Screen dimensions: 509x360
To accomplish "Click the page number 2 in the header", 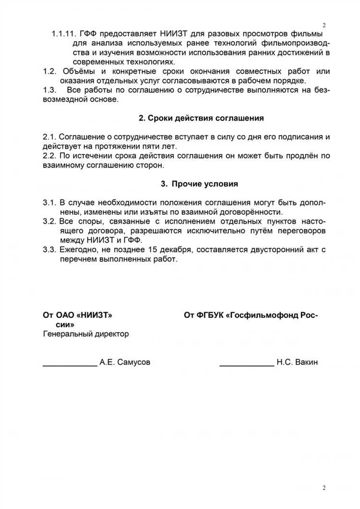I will [x=324, y=25].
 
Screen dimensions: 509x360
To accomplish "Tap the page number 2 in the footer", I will [x=324, y=488].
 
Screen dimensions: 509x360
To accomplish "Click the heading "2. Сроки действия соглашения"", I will [x=201, y=118].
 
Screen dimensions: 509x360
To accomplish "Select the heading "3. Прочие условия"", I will [x=199, y=183].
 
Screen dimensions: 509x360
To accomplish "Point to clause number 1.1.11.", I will [x=64, y=34].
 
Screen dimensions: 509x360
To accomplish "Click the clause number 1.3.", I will [x=49, y=90].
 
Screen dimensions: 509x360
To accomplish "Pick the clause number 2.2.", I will [x=49, y=156].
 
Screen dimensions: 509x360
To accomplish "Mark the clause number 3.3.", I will [x=49, y=249].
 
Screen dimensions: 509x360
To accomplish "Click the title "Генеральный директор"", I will [x=86, y=334].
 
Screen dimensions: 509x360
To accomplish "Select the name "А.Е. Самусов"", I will [x=125, y=362].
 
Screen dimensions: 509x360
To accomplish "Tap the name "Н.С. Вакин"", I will [x=297, y=362].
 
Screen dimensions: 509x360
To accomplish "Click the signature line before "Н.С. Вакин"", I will [x=247, y=365].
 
